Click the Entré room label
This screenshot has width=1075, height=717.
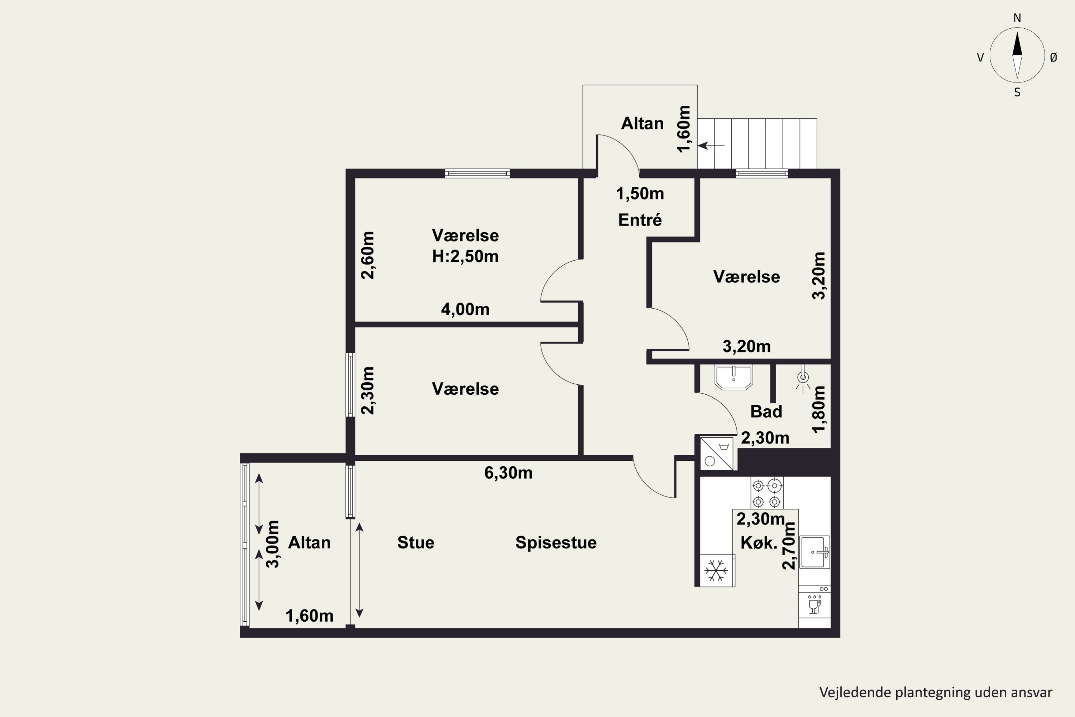click(640, 220)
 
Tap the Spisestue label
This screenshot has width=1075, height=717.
click(556, 543)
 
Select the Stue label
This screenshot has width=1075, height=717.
click(415, 542)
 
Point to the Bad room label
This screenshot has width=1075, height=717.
click(766, 412)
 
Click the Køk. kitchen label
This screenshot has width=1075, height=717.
click(759, 543)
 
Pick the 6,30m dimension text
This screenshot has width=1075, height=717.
click(508, 473)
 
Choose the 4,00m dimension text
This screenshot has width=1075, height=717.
click(465, 310)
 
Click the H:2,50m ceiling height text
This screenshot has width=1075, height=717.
click(465, 257)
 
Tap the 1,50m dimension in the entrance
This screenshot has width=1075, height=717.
click(640, 194)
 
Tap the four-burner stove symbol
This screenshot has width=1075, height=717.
click(766, 493)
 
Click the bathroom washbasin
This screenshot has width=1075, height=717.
click(734, 377)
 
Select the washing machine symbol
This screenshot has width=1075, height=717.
click(717, 453)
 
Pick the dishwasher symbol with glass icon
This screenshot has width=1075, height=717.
click(814, 604)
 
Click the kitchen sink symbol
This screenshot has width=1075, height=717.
click(815, 552)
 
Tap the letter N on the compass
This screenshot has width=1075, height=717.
click(1017, 18)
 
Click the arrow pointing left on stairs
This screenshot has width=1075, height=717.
click(712, 146)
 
